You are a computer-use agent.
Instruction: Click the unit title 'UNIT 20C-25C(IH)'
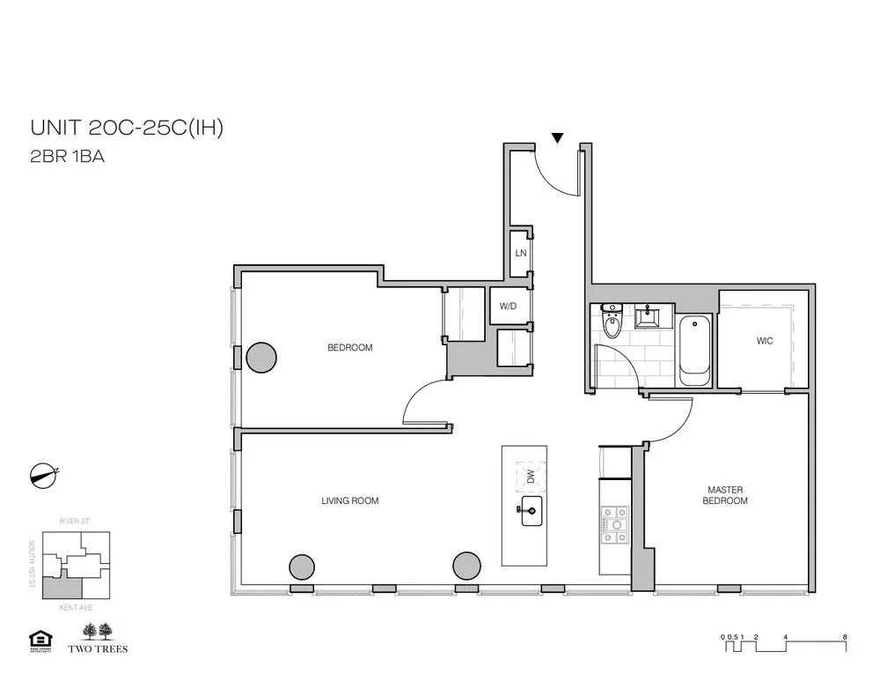coord(127,128)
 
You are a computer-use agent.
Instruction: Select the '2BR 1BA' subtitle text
coord(68,159)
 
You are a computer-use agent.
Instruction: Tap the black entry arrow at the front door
coord(557,137)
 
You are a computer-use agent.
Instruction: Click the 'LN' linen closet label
coord(521,253)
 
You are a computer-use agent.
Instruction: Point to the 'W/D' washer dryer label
coord(508,307)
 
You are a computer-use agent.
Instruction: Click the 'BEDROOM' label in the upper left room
coord(349,348)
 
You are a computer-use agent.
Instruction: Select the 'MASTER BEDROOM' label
coord(727,495)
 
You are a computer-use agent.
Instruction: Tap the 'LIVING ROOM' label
coord(349,501)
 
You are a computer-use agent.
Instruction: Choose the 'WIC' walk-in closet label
coord(764,341)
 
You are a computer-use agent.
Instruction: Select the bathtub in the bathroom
coord(694,349)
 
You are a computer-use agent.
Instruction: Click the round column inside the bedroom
coord(260,358)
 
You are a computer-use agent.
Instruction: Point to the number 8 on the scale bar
coord(844,636)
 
